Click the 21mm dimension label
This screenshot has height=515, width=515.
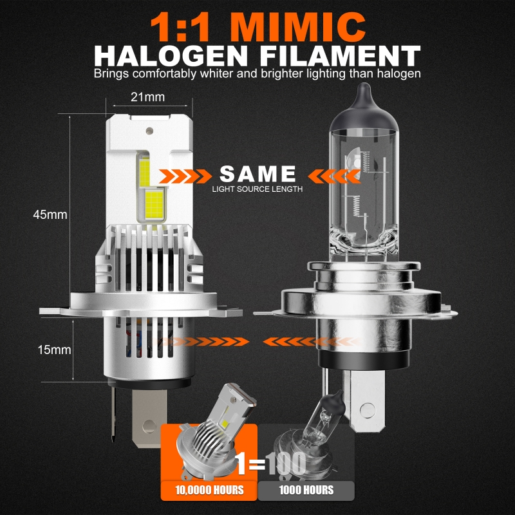coord(147,97)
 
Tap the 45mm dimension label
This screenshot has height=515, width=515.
coord(50,215)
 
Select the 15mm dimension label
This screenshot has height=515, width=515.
coord(54,350)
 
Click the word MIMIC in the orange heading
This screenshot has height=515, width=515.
coord(298,27)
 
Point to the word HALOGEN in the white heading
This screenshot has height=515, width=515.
coord(171,56)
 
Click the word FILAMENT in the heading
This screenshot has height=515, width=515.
coord(341,56)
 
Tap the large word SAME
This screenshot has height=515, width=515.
coord(258,174)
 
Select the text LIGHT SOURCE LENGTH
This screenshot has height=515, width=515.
coord(257,189)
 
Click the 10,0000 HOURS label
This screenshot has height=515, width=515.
coord(209,491)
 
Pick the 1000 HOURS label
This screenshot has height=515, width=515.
coord(306,491)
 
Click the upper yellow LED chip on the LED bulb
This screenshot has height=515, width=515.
coord(144,171)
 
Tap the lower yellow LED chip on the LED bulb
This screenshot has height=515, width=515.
coord(154,204)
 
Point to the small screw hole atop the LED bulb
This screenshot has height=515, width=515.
coord(149,131)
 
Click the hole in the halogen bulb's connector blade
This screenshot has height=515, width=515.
coord(367,410)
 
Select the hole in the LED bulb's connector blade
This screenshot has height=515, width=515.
coord(149,426)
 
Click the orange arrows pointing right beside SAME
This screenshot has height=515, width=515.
coord(185,176)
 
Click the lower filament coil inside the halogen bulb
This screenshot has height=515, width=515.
coord(356,206)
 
